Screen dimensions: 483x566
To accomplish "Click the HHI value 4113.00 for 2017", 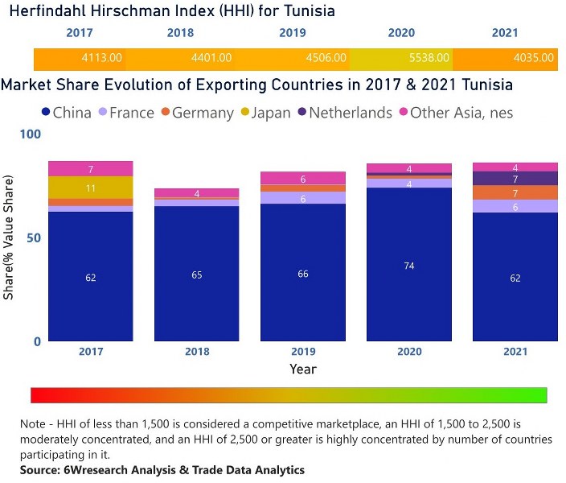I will (x=102, y=58).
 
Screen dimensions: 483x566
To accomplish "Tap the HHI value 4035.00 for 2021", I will (x=534, y=58).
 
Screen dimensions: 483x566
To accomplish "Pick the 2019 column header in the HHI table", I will (x=292, y=33).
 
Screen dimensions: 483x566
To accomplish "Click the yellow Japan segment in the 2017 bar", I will (x=90, y=188).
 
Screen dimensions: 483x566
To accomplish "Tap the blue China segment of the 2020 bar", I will (x=409, y=266).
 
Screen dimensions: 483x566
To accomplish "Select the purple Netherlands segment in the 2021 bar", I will (x=515, y=179).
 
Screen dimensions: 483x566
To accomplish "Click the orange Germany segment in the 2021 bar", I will (x=515, y=193).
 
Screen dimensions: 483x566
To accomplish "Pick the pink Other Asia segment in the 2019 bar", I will (x=303, y=179).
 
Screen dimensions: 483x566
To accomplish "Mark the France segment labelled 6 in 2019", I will (x=303, y=198).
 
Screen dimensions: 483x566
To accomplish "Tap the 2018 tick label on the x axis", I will (x=197, y=352).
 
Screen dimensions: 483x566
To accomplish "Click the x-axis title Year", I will (x=303, y=369).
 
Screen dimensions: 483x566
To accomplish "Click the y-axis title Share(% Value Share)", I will (x=9, y=238).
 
